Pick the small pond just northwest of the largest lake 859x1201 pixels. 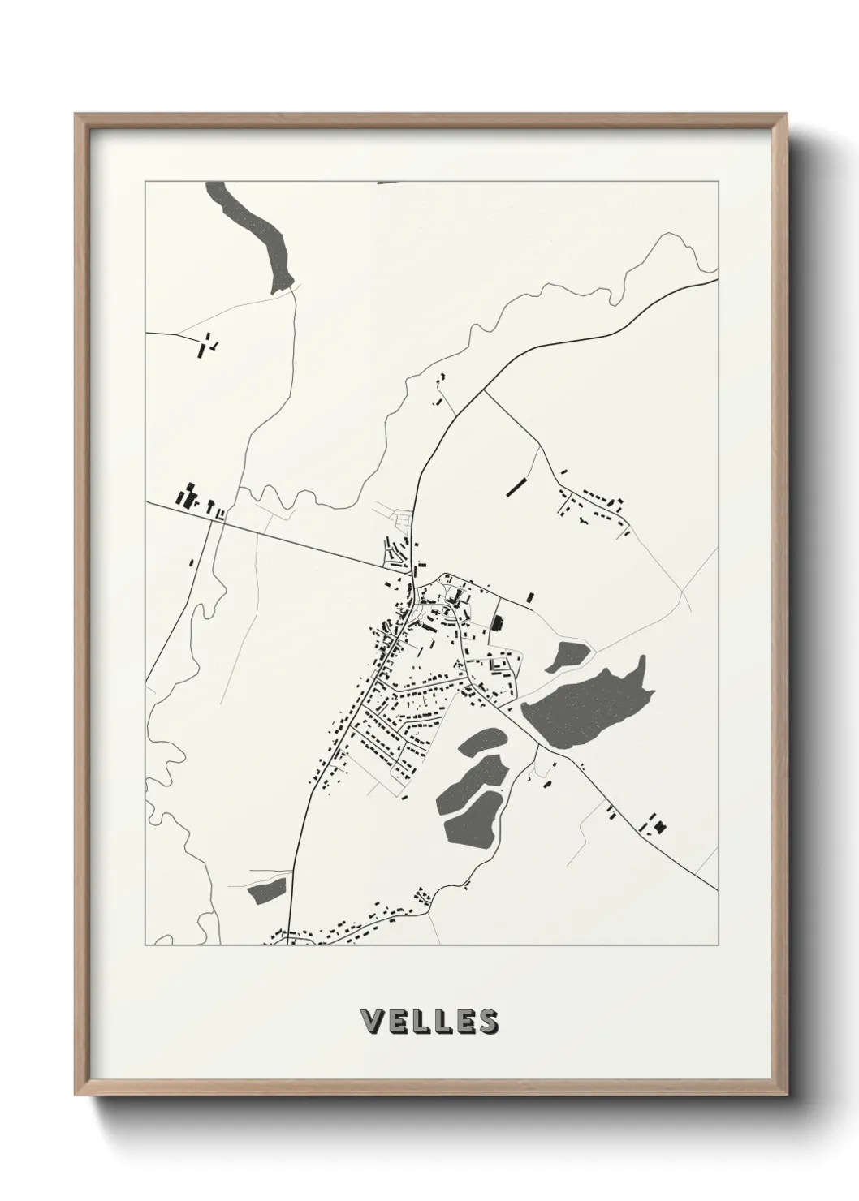click(567, 656)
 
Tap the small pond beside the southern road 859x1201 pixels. click(267, 890)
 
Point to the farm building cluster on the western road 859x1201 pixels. click(195, 498)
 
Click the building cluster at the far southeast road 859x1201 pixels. click(654, 826)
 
